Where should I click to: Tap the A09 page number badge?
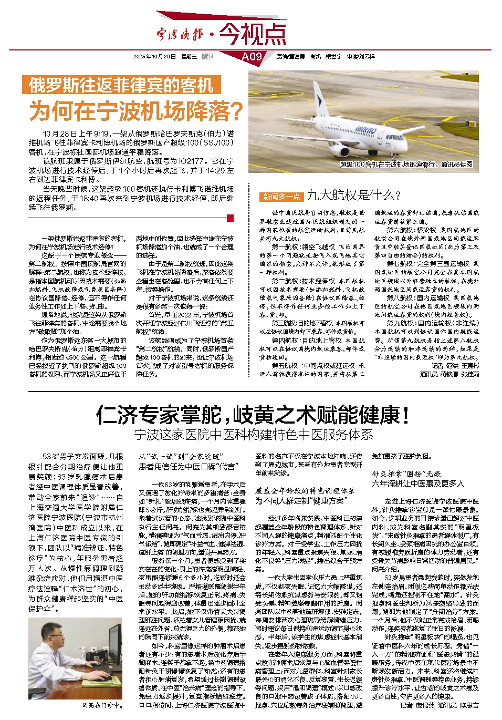[252, 57]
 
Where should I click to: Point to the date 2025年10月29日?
[154, 57]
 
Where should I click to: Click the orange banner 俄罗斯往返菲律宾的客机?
[121, 85]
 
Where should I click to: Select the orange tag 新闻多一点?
[281, 197]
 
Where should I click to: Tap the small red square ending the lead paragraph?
[229, 218]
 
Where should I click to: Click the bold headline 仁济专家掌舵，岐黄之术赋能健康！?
[253, 415]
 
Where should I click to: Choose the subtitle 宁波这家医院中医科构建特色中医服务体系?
[253, 435]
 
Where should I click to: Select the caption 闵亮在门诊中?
[102, 705]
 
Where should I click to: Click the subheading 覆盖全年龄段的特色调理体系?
[305, 490]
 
